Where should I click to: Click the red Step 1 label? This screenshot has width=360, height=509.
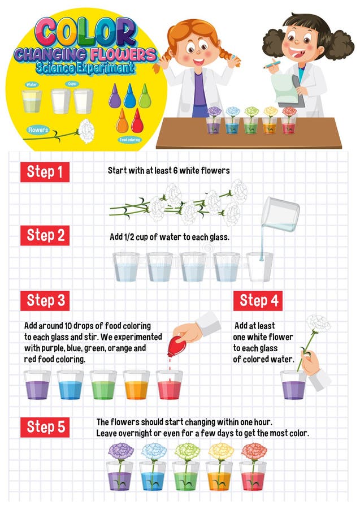45,172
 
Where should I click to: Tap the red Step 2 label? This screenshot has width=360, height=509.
45,235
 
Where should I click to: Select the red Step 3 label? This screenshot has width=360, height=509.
45,300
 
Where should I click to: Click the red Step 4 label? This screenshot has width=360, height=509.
258,300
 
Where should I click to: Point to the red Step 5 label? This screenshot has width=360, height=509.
45,427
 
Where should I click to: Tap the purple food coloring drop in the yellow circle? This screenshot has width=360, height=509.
115,97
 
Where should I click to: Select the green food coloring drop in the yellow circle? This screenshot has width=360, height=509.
145,97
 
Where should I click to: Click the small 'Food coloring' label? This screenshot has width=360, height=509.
129,139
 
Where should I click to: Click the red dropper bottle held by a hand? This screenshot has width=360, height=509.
176,344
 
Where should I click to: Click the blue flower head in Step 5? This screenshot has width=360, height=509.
154,451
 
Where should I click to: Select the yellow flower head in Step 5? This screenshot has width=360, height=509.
220,451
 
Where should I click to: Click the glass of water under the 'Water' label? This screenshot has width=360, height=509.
32,102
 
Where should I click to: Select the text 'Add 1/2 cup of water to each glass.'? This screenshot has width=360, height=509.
170,237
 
